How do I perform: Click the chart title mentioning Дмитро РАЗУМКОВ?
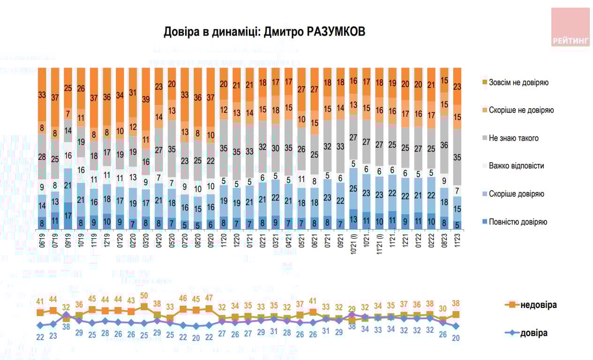click(x=264, y=31)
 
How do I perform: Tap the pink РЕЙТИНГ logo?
click(x=570, y=27)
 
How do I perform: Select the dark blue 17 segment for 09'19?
click(x=68, y=216)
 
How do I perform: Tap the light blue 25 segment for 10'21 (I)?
click(x=353, y=188)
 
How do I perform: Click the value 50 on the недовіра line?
click(x=144, y=296)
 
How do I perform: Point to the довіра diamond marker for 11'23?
click(x=456, y=326)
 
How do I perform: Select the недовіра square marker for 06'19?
click(x=41, y=313)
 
